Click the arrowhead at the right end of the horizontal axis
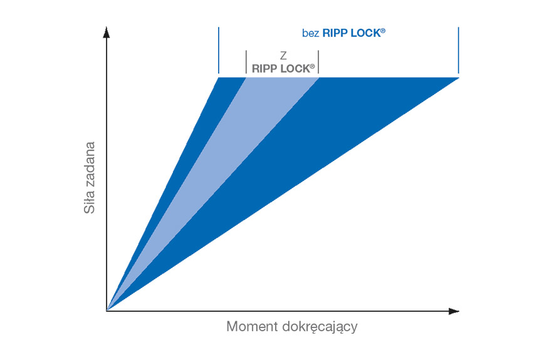pos(454,311)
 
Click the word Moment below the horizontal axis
pos(252,326)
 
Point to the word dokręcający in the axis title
pos(320,327)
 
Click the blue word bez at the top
pos(310,33)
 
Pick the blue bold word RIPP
pos(335,33)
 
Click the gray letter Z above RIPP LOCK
pos(283,55)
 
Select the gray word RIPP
pos(264,69)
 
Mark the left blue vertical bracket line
pos(219,51)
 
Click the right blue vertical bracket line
pos(458,51)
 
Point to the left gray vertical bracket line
pos(246,62)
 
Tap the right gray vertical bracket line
pos(318,62)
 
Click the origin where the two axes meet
pos(107,311)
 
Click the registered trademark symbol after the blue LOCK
pos(383,31)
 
